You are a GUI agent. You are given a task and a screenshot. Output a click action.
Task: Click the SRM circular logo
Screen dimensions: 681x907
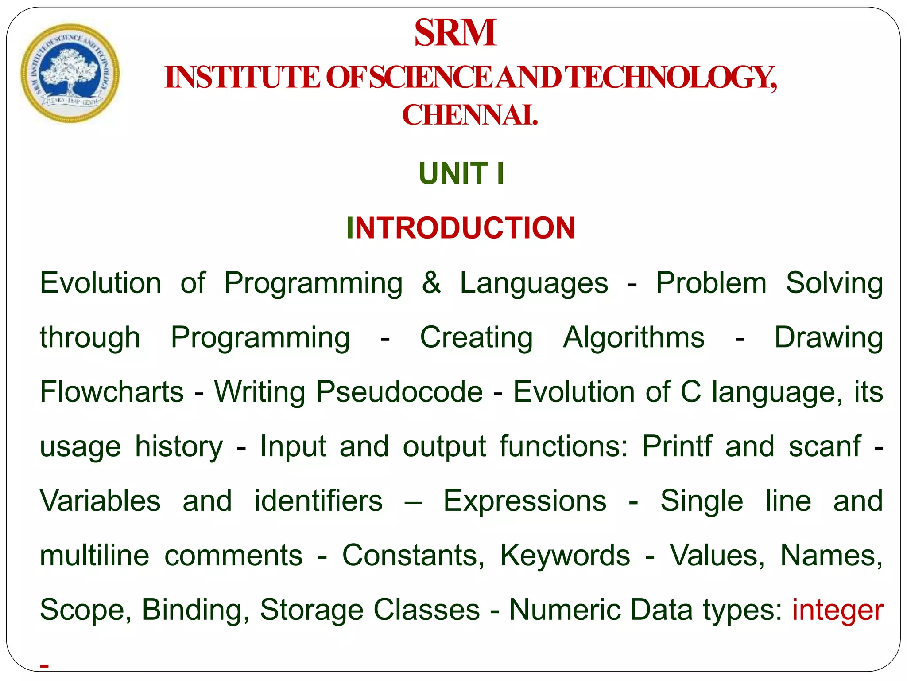pyautogui.click(x=70, y=73)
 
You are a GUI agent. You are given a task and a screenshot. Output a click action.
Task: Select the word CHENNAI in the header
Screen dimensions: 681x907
pyautogui.click(x=469, y=115)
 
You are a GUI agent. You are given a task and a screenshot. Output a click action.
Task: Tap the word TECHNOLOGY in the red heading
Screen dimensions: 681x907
pyautogui.click(x=671, y=78)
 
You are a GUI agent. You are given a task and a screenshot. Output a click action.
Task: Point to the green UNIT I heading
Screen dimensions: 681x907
pyautogui.click(x=461, y=173)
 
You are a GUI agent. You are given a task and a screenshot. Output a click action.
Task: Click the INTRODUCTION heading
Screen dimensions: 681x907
pyautogui.click(x=461, y=228)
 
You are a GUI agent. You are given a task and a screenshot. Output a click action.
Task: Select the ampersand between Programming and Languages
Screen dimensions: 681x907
pyautogui.click(x=431, y=282)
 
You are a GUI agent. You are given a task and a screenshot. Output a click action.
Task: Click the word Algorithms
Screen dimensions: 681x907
pyautogui.click(x=633, y=337)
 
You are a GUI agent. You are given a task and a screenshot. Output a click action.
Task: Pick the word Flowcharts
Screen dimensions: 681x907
pyautogui.click(x=112, y=392)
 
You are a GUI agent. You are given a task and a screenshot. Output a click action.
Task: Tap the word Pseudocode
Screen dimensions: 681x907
pyautogui.click(x=399, y=392)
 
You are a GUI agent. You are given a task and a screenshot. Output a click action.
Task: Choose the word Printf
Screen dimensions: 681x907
pyautogui.click(x=677, y=446)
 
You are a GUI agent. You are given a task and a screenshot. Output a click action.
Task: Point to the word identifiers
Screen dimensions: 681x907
pyautogui.click(x=318, y=501)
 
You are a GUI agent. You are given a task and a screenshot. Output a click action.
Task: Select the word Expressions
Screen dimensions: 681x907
pyautogui.click(x=525, y=501)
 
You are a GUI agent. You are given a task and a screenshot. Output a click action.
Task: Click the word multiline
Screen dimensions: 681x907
pyautogui.click(x=94, y=555)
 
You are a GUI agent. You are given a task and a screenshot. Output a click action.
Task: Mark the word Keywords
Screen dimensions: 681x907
pyautogui.click(x=565, y=555)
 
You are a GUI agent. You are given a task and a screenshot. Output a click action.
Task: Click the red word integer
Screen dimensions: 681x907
pyautogui.click(x=837, y=610)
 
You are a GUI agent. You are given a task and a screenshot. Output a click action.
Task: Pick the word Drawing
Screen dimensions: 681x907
pyautogui.click(x=828, y=338)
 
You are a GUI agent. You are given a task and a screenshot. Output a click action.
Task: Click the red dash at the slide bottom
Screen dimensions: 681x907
pyautogui.click(x=44, y=665)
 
